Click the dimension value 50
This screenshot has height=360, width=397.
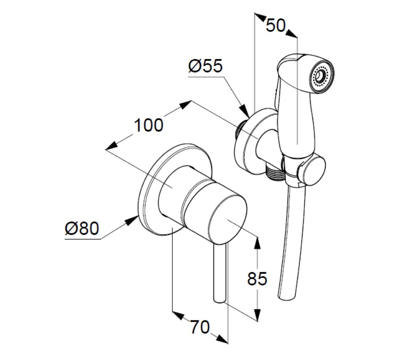click(276, 26)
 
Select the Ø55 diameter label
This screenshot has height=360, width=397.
click(206, 66)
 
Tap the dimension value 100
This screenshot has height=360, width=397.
click(148, 125)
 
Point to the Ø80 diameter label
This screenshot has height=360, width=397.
click(82, 228)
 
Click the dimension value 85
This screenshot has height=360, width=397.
click(257, 279)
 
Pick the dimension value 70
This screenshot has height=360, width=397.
click(200, 327)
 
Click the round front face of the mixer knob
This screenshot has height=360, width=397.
click(227, 218)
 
